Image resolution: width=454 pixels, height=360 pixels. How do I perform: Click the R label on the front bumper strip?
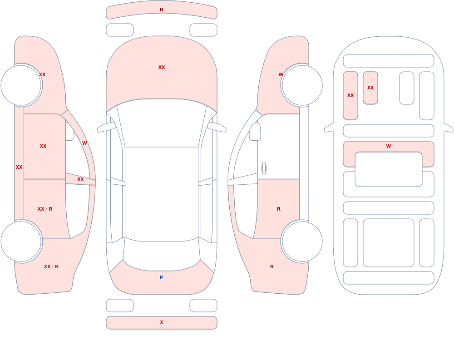[162, 10]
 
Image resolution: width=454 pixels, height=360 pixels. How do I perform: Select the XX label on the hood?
[162, 67]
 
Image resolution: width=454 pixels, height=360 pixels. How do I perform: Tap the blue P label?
[162, 277]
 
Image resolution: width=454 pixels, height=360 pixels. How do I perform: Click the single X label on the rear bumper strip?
[162, 322]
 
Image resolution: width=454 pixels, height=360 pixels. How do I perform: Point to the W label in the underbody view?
[389, 146]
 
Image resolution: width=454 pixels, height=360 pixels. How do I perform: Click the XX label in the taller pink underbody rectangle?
[350, 95]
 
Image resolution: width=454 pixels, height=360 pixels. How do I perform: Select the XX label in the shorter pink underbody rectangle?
[370, 88]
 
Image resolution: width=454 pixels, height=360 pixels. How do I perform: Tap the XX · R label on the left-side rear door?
[45, 209]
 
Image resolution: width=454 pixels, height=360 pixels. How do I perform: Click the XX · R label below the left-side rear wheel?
[51, 266]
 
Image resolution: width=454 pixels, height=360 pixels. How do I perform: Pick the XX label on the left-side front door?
[43, 146]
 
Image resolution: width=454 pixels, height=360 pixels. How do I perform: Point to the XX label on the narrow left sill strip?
[19, 167]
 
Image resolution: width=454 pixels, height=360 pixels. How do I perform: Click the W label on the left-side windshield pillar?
[84, 143]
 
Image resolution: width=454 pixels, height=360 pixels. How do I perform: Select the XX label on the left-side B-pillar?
[80, 180]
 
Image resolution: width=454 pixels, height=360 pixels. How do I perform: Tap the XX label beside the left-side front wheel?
[42, 74]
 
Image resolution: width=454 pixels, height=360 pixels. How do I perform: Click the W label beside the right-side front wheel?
[281, 74]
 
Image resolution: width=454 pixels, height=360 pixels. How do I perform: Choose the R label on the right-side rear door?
[279, 209]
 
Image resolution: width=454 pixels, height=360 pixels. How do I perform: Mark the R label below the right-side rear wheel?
[272, 266]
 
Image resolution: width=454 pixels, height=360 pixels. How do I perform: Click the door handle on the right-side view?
[264, 168]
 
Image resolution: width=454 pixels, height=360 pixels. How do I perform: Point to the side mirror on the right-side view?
[255, 132]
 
